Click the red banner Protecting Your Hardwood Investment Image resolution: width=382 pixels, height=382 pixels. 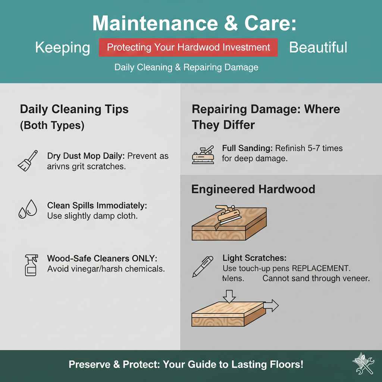tap(188, 48)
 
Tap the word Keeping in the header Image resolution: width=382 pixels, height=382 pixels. tap(63, 48)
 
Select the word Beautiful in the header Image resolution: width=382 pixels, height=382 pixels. tap(318, 47)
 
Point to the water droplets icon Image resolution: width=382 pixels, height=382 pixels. tap(28, 209)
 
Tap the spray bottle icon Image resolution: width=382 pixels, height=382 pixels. tap(29, 264)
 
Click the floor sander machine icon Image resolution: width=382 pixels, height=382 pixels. tap(203, 154)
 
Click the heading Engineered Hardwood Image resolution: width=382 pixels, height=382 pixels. tap(253, 189)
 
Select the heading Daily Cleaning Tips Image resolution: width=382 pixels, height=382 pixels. tap(74, 109)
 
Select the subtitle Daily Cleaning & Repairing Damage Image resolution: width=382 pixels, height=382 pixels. tap(186, 68)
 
